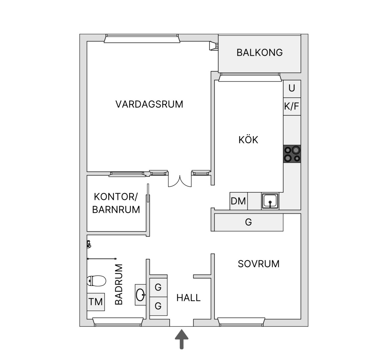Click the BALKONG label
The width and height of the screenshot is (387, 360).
tap(259, 53)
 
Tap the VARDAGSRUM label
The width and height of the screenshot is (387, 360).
tap(149, 104)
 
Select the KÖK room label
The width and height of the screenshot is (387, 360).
tap(248, 140)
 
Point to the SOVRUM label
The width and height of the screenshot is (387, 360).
tap(259, 264)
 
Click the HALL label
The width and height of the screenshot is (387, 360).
tap(189, 298)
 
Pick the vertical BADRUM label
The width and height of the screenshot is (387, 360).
tap(119, 284)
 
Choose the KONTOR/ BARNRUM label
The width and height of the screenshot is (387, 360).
tap(116, 203)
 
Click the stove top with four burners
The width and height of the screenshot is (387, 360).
tap(292, 154)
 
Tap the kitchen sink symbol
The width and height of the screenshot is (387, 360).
tap(270, 201)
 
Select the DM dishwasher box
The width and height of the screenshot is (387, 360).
tap(238, 201)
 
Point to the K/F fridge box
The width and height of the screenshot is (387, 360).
tap(292, 106)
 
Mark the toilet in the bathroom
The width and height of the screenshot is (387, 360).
tap(97, 281)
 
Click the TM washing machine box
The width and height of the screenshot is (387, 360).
tap(96, 302)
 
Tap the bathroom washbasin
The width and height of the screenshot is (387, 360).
tap(141, 295)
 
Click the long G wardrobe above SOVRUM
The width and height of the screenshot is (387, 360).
tap(249, 222)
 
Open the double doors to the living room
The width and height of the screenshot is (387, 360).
tap(180, 181)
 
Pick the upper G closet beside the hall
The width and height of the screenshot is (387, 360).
tap(158, 287)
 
